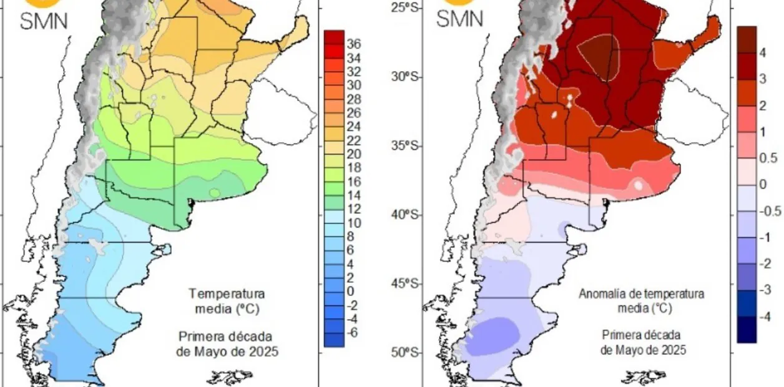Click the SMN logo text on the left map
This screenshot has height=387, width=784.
click(44, 21)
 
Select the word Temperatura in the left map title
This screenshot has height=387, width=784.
click(227, 293)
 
